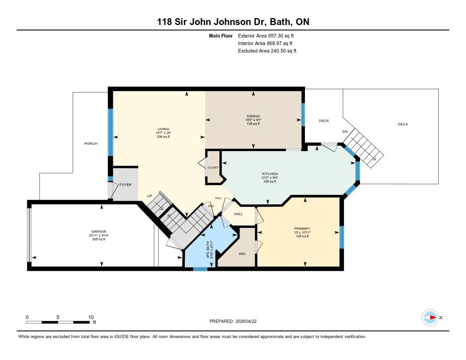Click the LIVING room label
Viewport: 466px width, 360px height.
pyautogui.click(x=163, y=129)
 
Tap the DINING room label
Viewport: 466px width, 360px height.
pyautogui.click(x=253, y=116)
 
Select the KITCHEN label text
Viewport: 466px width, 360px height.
pyautogui.click(x=270, y=174)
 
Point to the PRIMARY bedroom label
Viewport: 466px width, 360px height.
pyautogui.click(x=302, y=228)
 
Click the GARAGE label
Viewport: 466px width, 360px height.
pyautogui.click(x=99, y=232)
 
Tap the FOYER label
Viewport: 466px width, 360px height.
pyautogui.click(x=126, y=185)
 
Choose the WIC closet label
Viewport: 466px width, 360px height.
pyautogui.click(x=242, y=254)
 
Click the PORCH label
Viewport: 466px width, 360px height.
pyautogui.click(x=91, y=143)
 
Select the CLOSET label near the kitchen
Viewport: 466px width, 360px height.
pyautogui.click(x=213, y=167)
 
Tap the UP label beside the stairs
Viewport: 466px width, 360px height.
pyautogui.click(x=150, y=196)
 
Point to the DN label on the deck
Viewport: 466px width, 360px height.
pyautogui.click(x=345, y=132)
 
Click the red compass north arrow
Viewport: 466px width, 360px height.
pyautogui.click(x=433, y=318)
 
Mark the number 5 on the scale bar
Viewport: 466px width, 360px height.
pyautogui.click(x=58, y=317)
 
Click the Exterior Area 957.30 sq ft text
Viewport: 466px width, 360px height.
pyautogui.click(x=266, y=36)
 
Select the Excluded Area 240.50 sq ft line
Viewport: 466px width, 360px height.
pyautogui.click(x=267, y=51)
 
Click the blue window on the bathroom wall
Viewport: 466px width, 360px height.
pyautogui.click(x=200, y=269)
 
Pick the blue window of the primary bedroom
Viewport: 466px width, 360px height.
pyautogui.click(x=342, y=237)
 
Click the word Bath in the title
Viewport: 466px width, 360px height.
pyautogui.click(x=280, y=22)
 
